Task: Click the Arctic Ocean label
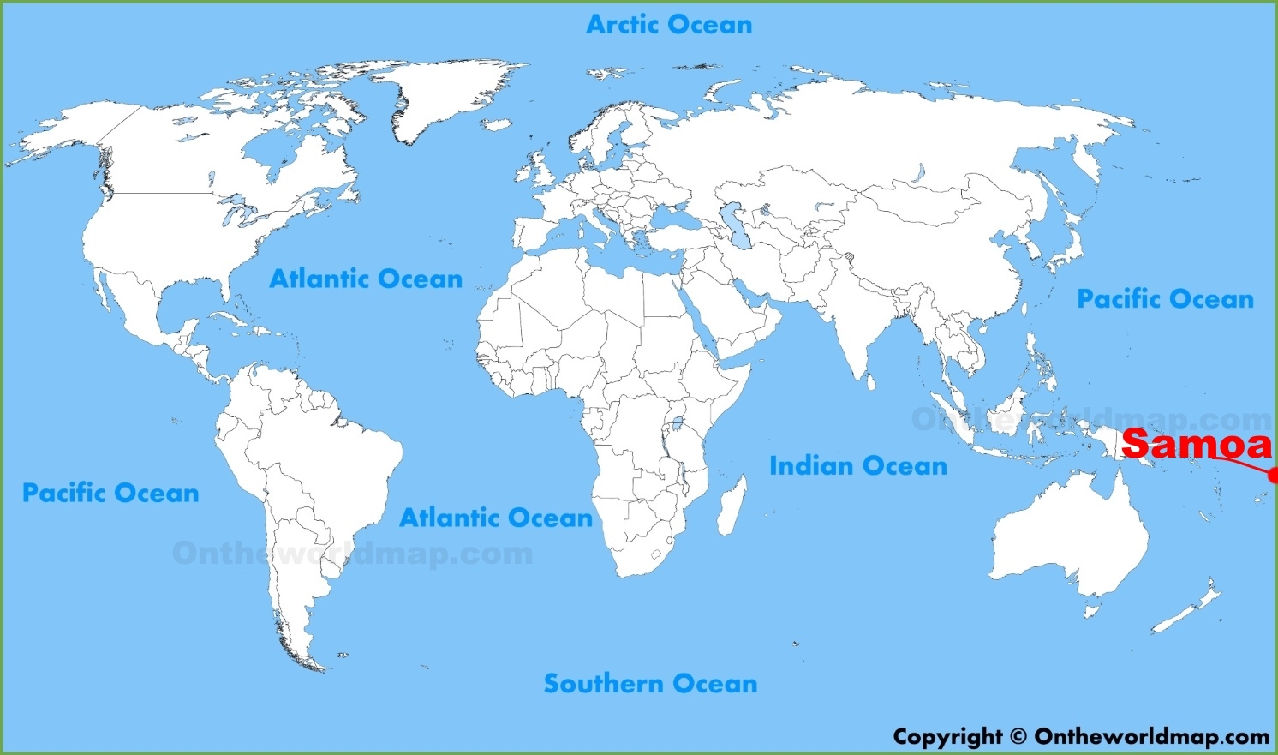(x=669, y=25)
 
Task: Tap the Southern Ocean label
(x=650, y=684)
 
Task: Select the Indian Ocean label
(x=858, y=466)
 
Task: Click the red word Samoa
(x=1197, y=444)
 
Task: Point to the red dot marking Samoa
(x=1274, y=475)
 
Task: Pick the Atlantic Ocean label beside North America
(x=366, y=279)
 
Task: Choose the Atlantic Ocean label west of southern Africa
(x=496, y=518)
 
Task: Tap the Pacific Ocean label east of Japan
(x=1165, y=299)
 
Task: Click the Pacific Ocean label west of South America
(x=110, y=493)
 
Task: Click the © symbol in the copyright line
(x=1018, y=737)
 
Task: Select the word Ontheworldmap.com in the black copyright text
(x=1152, y=737)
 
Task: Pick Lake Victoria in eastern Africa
(x=678, y=422)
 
